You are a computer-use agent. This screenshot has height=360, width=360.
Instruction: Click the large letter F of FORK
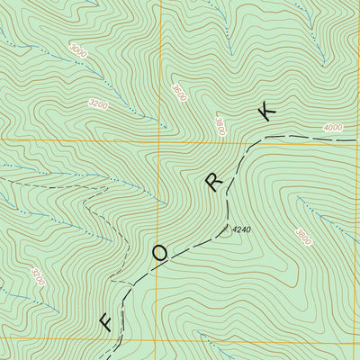point(105,321)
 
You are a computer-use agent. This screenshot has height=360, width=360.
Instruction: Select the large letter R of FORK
point(213,183)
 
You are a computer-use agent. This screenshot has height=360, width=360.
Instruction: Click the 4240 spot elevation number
point(239,230)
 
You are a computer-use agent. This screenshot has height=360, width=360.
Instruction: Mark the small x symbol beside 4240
point(226,228)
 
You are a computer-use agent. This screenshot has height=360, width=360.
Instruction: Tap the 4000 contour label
point(332,128)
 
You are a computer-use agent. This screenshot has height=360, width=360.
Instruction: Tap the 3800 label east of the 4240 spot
point(302,237)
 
